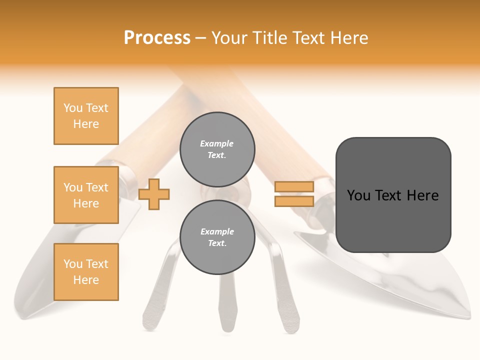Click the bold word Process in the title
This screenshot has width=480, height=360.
click(157, 38)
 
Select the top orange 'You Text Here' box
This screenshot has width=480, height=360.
click(86, 116)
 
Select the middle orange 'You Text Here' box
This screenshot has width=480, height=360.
click(86, 195)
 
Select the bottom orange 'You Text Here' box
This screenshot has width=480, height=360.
click(86, 272)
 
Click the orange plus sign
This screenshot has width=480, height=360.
click(154, 194)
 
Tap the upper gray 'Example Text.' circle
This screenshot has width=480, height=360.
click(217, 149)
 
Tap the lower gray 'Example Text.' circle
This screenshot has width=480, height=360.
click(217, 237)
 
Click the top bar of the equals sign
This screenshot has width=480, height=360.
click(294, 186)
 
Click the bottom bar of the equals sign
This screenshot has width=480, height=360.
click(294, 201)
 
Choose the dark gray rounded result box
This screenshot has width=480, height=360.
click(393, 195)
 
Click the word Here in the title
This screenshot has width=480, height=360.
click(347, 38)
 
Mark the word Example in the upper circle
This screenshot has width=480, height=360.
click(217, 144)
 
